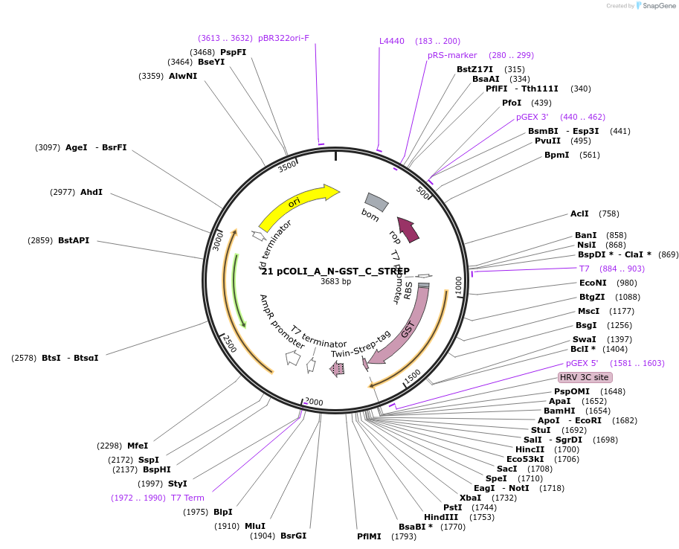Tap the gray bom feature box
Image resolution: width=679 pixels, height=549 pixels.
tap(376, 202)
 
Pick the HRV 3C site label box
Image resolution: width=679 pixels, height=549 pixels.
tap(585, 377)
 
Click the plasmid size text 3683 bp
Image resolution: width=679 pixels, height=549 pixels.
tap(336, 281)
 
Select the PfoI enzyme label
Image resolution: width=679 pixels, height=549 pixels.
tap(512, 103)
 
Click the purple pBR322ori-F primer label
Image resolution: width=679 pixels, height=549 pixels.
tap(283, 38)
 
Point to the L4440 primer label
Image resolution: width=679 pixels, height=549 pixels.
tap(392, 41)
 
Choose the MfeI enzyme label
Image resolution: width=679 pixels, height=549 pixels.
tap(138, 446)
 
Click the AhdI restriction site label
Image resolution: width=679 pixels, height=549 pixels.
tap(91, 192)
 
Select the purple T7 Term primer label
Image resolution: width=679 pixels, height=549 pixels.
tap(187, 498)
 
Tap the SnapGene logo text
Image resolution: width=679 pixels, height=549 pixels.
tap(657, 5)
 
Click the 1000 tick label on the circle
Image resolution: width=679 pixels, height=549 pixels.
tap(458, 283)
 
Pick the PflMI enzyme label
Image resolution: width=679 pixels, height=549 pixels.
tap(369, 536)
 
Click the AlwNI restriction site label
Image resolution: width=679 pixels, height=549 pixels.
tap(183, 76)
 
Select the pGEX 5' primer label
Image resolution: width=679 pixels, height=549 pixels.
tap(582, 363)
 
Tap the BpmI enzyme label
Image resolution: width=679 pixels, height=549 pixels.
tap(556, 155)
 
